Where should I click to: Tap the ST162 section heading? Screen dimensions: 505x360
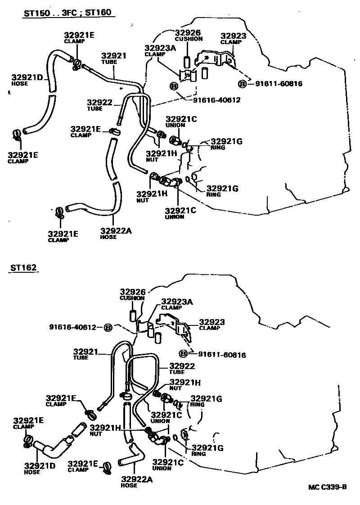click(22, 268)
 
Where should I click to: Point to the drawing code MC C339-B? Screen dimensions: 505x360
click(327, 487)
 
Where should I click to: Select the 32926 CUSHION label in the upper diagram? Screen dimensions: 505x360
click(188, 36)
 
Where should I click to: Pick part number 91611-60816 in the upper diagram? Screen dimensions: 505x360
click(279, 84)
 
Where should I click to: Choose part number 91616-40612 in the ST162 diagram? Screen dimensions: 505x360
click(72, 327)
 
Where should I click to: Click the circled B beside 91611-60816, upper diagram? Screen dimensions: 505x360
click(242, 84)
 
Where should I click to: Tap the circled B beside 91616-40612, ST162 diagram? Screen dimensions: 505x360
click(108, 327)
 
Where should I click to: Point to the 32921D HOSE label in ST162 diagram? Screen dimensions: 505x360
click(40, 468)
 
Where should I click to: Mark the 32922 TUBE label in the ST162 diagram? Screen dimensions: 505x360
click(182, 369)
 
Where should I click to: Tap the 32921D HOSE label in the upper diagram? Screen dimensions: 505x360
click(27, 80)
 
